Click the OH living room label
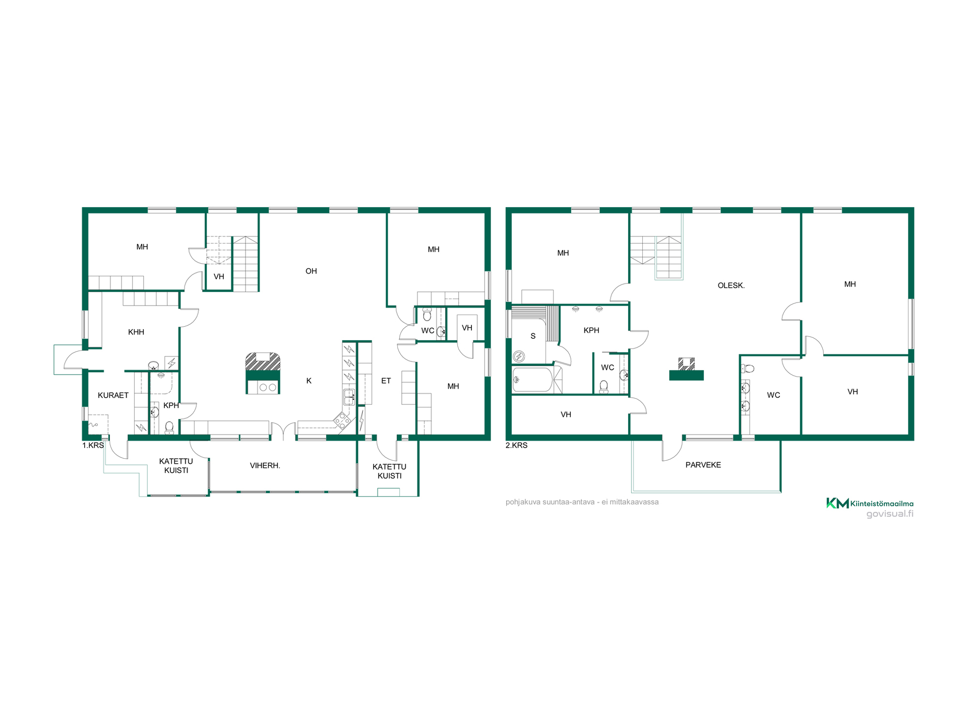[x=311, y=271]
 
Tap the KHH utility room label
[x=136, y=332]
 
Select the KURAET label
[x=113, y=395]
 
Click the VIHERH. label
[x=265, y=465]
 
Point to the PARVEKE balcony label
[x=703, y=465]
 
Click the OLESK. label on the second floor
[x=731, y=285]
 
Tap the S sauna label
[x=533, y=336]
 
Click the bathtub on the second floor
[x=533, y=380]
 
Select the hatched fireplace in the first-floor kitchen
[x=263, y=361]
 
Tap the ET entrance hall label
[x=386, y=381]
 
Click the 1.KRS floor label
[x=93, y=446]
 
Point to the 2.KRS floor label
[x=517, y=446]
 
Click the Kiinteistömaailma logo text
[x=882, y=503]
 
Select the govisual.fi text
[x=890, y=514]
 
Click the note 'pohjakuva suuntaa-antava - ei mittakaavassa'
[x=582, y=502]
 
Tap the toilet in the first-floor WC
[x=427, y=315]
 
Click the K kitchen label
[x=309, y=381]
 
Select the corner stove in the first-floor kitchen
[x=342, y=420]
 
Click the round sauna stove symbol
[x=519, y=357]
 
